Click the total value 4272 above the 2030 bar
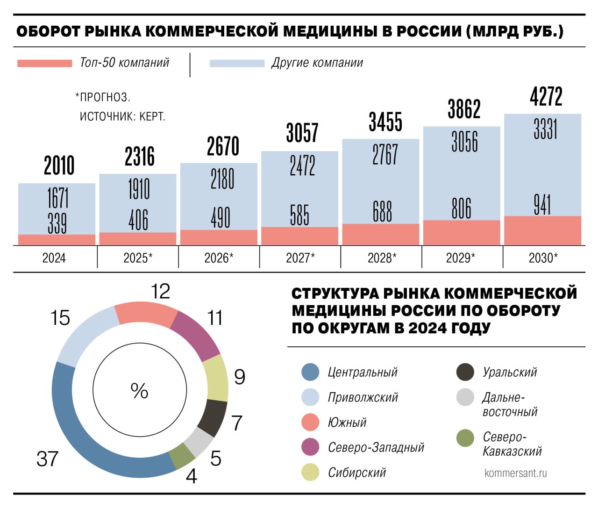point(546,97)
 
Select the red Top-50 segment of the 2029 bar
point(462,232)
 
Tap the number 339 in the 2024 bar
point(57,223)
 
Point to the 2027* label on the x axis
point(300,258)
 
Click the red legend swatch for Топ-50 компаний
point(45,63)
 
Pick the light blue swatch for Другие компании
point(237,63)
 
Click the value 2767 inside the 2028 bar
point(385,154)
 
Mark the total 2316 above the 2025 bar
point(139,156)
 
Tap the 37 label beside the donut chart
point(47,459)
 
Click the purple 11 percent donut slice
point(196,336)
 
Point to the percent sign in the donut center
point(139,391)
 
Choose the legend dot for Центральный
point(311,372)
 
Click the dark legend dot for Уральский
point(465,372)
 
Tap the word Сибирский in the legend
point(357,473)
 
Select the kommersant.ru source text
point(515,473)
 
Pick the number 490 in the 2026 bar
point(220,217)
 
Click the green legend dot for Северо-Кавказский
point(465,438)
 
